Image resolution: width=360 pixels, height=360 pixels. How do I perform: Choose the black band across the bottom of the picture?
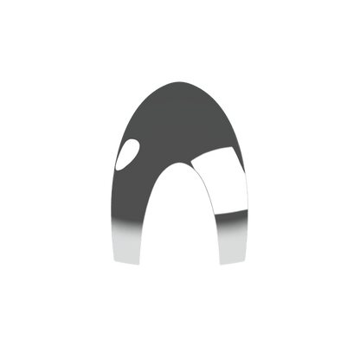pos(180,329)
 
